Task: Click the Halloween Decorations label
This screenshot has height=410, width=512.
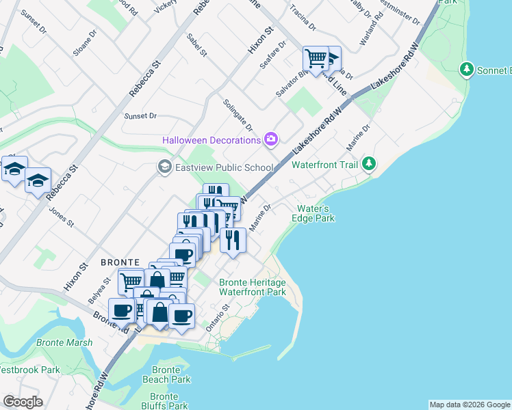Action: coord(211,140)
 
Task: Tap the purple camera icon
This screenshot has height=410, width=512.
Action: coord(271,140)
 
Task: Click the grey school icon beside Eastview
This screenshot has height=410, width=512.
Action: coord(164,167)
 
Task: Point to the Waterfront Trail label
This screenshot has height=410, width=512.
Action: coord(325,165)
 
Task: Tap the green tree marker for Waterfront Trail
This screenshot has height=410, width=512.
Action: coord(369,163)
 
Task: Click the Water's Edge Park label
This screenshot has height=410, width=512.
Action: coord(315,213)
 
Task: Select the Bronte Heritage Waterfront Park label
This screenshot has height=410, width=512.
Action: coord(252,287)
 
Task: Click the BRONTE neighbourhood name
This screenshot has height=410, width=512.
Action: coord(120,262)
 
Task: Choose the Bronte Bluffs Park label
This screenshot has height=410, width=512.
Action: coord(164,401)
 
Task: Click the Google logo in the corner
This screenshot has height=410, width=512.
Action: coord(23,402)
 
